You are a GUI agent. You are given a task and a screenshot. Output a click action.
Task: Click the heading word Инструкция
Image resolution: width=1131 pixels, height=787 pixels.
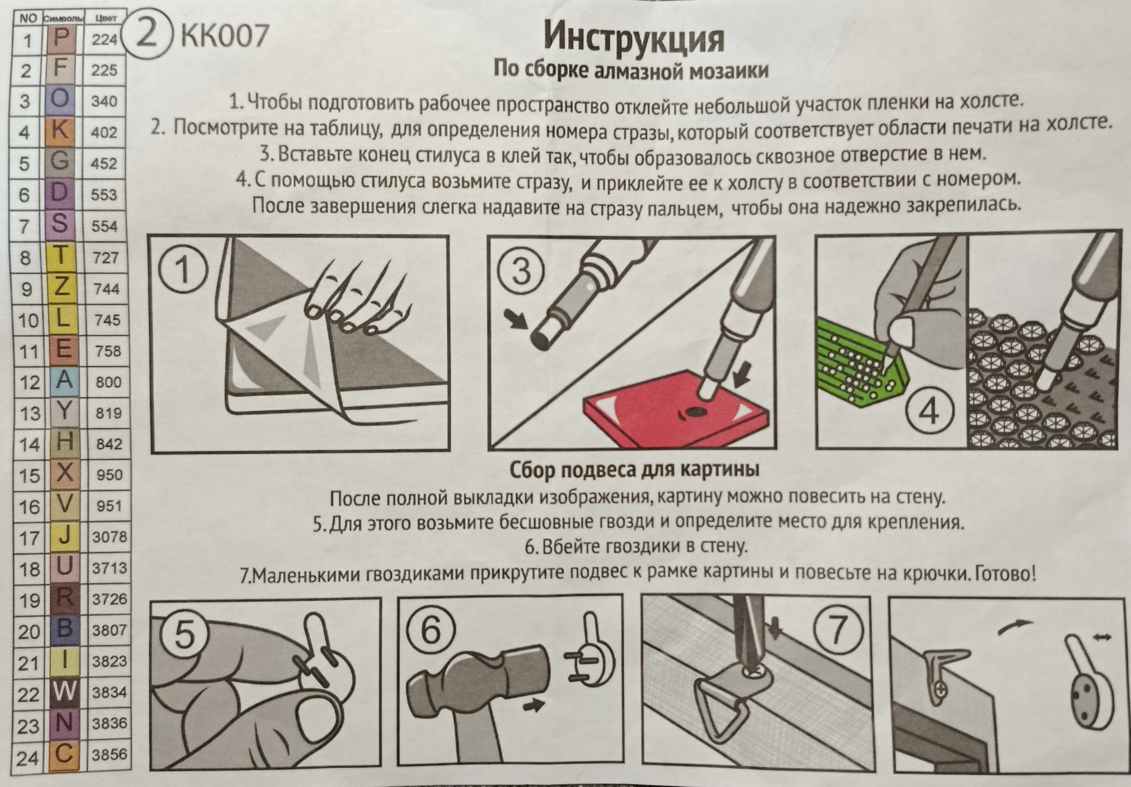(x=634, y=38)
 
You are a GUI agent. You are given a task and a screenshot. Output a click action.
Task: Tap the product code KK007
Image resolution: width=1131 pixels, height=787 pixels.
(x=225, y=36)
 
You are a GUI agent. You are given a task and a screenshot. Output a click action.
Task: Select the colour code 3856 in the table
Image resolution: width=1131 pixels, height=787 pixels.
(x=109, y=754)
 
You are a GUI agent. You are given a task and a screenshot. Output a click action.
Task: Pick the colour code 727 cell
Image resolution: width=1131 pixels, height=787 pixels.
(x=105, y=258)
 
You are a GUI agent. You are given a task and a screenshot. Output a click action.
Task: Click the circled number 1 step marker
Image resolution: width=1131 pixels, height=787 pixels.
(x=183, y=270)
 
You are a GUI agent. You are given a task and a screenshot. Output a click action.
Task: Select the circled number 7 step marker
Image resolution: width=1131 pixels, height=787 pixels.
(x=838, y=631)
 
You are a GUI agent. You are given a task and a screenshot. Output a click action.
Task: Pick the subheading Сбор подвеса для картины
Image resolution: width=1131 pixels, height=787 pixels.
(x=634, y=470)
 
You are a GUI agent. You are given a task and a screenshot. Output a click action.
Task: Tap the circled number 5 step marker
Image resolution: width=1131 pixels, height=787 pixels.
(x=184, y=635)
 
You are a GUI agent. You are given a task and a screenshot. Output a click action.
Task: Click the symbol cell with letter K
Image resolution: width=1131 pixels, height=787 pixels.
(x=60, y=131)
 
